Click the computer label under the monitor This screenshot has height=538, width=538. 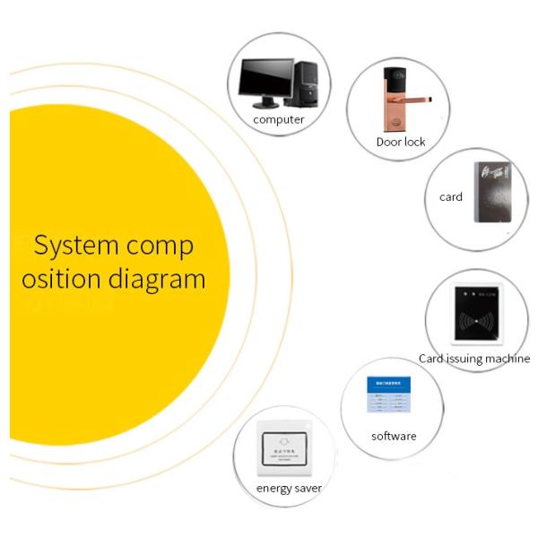[x=279, y=119]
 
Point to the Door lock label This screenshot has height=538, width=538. [x=401, y=142]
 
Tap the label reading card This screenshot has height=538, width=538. [x=451, y=196]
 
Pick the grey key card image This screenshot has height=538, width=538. [x=491, y=191]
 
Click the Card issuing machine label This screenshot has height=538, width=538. [x=473, y=359]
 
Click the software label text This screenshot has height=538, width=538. [x=394, y=437]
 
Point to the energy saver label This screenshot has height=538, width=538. [x=289, y=488]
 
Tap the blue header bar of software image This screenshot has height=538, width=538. [x=388, y=382]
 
